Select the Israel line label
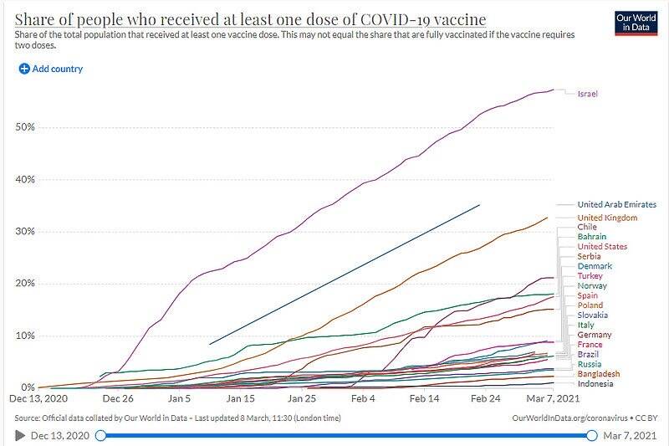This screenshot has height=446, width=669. click(x=588, y=93)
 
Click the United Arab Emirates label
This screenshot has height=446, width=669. click(x=617, y=204)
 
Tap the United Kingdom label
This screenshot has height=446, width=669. click(x=607, y=218)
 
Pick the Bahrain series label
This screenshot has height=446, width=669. click(x=592, y=237)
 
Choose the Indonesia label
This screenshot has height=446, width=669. click(x=595, y=384)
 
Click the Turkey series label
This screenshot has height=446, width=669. click(x=590, y=276)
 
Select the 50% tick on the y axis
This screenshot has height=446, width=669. click(x=23, y=127)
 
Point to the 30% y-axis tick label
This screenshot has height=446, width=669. click(x=23, y=232)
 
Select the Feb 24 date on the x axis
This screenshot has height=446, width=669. click(x=484, y=400)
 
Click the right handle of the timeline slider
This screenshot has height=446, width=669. click(x=592, y=435)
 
